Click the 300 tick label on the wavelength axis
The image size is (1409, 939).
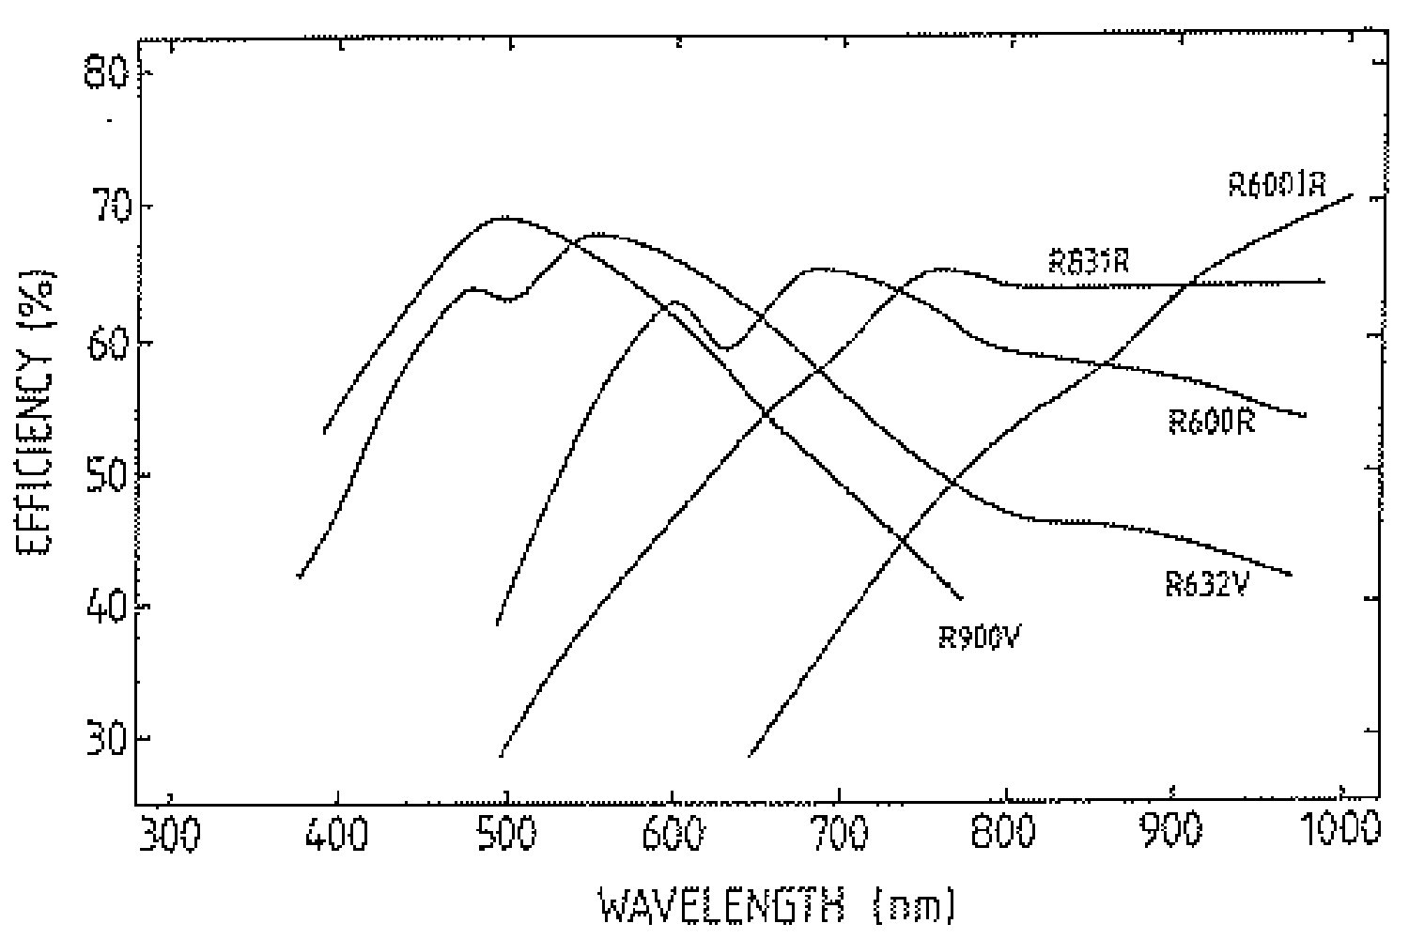173,834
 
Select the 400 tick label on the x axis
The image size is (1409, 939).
338,834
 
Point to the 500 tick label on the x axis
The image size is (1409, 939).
505,834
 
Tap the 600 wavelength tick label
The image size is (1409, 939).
672,834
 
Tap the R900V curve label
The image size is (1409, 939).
980,637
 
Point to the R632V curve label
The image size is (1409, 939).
1206,584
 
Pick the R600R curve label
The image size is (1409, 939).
1211,422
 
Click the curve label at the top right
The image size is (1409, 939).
1277,184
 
